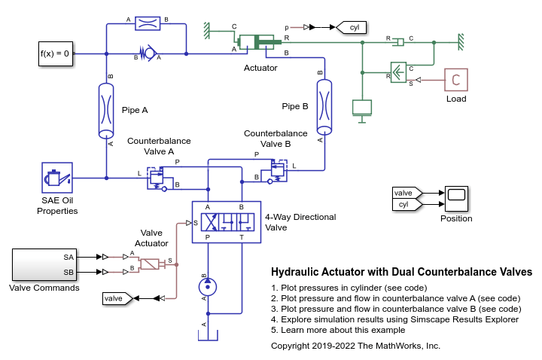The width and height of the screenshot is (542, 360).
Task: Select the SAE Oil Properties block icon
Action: pyautogui.click(x=56, y=178)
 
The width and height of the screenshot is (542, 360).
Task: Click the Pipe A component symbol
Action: pyautogui.click(x=106, y=110)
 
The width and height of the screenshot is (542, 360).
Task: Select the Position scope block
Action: pyautogui.click(x=456, y=198)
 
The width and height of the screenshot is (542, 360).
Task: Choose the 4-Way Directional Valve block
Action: pyautogui.click(x=226, y=221)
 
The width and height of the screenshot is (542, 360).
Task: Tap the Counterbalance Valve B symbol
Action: pyautogui.click(x=277, y=169)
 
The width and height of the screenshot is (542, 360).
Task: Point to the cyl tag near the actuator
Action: pyautogui.click(x=350, y=28)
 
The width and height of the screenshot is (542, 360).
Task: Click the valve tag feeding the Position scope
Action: pyautogui.click(x=407, y=193)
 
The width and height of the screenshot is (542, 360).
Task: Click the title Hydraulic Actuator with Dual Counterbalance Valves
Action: pyautogui.click(x=400, y=272)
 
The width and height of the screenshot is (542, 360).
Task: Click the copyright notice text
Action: pyautogui.click(x=355, y=346)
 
